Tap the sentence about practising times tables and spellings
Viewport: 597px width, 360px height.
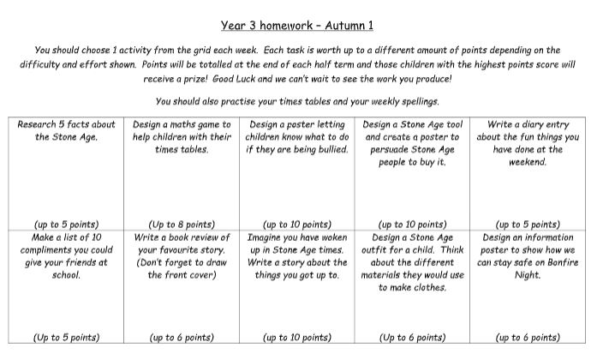click(298, 101)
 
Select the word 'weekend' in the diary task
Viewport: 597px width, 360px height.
click(528, 161)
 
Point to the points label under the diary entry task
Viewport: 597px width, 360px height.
click(528, 225)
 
